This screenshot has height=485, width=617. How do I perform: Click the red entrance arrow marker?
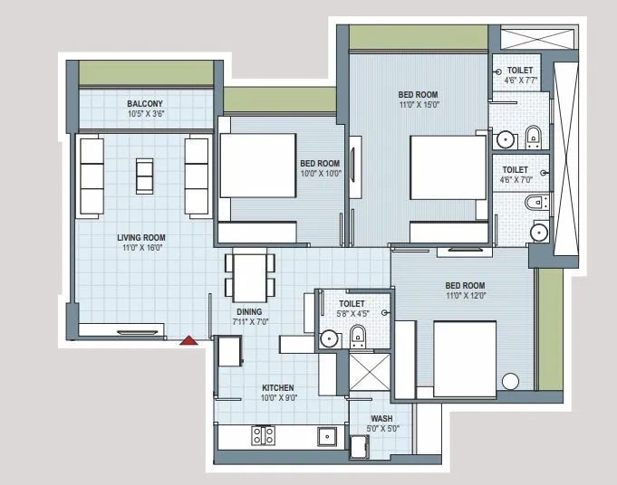coord(188,340)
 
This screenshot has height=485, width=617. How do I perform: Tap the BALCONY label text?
coord(145,104)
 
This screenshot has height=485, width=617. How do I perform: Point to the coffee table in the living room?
coord(145,172)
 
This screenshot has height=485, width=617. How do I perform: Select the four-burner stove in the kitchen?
coord(263,436)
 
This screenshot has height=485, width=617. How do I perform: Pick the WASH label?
coord(380,418)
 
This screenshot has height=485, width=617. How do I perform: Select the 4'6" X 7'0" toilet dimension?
coord(515,180)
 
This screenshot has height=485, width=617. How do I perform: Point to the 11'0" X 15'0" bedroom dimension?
coord(419,104)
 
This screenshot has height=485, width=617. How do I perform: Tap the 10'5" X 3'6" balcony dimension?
coord(145,115)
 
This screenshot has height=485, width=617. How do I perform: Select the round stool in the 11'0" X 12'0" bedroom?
coord(511,380)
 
